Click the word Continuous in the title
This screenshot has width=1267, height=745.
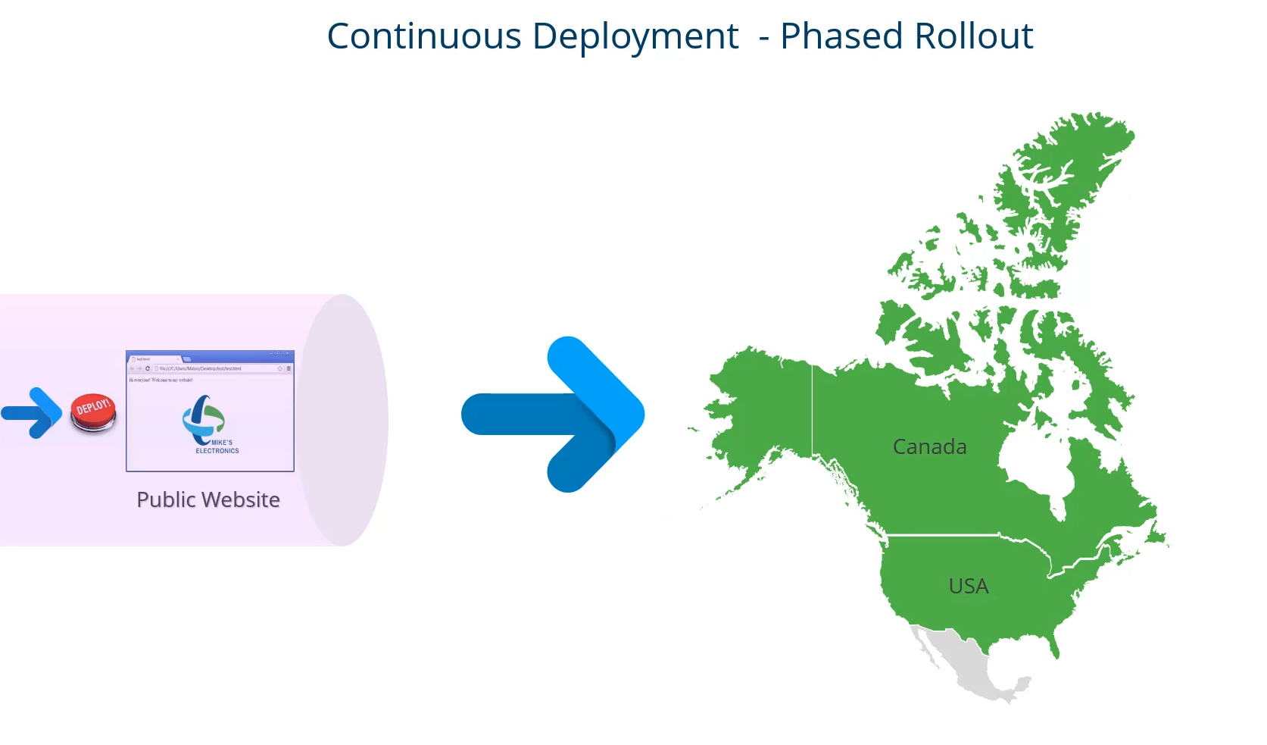[424, 36]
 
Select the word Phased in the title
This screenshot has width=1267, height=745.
[841, 36]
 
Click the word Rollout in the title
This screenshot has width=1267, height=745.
[974, 36]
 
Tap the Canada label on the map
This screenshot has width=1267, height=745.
[929, 446]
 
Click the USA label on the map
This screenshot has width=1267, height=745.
[968, 586]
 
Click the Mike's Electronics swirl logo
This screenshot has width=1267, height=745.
[201, 418]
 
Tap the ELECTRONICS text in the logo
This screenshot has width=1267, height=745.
[217, 451]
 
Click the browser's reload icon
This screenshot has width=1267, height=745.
[148, 368]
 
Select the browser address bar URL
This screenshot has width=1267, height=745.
[200, 368]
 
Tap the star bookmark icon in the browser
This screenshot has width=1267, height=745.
[279, 368]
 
